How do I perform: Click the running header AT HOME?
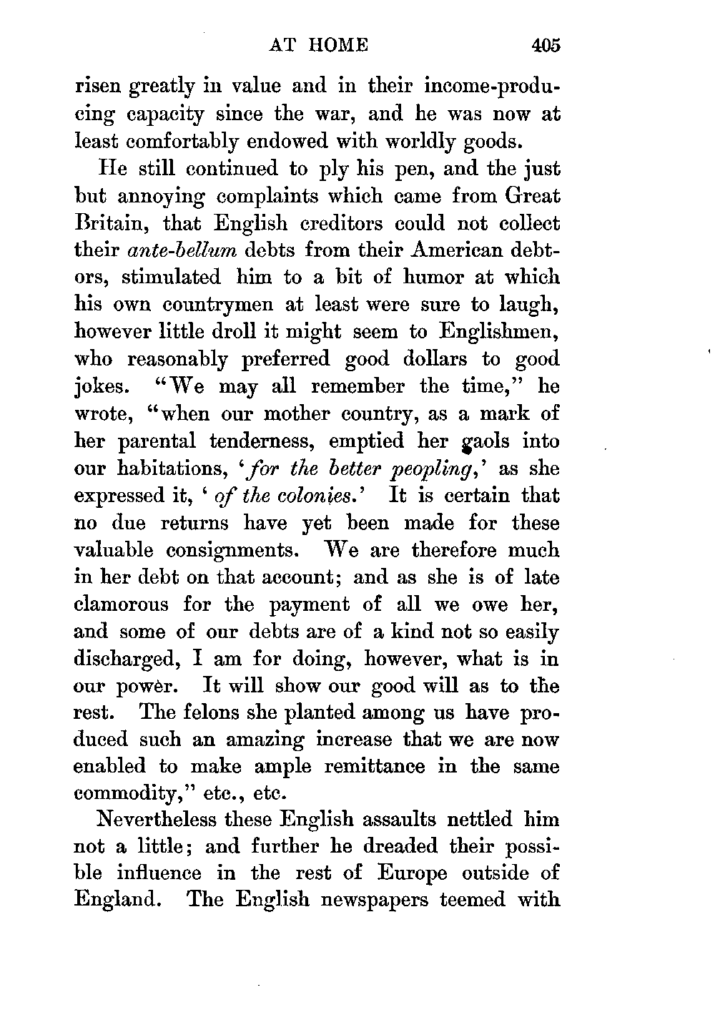click(x=318, y=46)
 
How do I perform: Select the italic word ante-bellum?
click(x=182, y=250)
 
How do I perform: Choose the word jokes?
click(x=102, y=387)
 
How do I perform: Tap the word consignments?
click(x=228, y=551)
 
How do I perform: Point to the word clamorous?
click(x=122, y=604)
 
